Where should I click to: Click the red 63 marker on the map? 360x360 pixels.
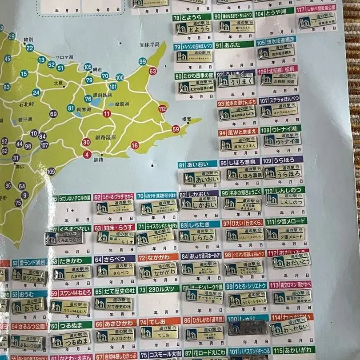click(x=153, y=71)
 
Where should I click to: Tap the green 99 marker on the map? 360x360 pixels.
click(x=142, y=61)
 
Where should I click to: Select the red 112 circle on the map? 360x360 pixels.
click(x=162, y=108)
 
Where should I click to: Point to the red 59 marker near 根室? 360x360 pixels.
click(x=176, y=129)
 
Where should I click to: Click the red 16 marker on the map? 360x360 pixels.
click(x=135, y=145)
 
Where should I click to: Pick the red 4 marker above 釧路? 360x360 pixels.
click(x=87, y=155)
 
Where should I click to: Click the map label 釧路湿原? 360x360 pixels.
click(x=106, y=138)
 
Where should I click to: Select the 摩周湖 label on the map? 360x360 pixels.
click(x=121, y=104)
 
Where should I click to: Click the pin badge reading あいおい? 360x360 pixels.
click(x=201, y=178)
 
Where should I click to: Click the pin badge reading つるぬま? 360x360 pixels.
click(x=70, y=340)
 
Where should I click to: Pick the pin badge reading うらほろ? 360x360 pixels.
click(x=283, y=172)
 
